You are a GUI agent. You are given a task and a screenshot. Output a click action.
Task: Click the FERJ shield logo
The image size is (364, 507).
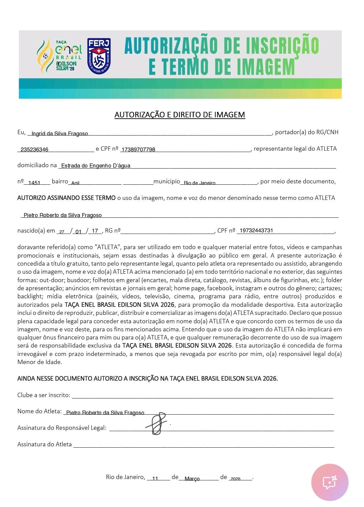tap(99, 56)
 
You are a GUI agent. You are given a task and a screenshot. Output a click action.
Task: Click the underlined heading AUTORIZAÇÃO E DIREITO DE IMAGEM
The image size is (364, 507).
tap(180, 115)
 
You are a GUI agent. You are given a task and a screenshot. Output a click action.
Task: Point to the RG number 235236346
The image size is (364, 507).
tap(34, 150)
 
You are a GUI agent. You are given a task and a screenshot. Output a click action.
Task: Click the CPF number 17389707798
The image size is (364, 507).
tap(138, 150)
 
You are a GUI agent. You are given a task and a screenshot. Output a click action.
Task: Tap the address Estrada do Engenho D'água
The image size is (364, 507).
tap(96, 166)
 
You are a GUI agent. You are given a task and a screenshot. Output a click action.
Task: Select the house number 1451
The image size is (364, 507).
tap(34, 183)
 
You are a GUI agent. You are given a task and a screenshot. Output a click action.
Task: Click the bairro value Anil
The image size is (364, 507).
tap(75, 183)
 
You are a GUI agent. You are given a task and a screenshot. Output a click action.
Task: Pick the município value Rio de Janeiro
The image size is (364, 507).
tap(200, 183)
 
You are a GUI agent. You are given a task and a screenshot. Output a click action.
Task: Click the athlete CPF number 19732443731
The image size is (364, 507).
tap(256, 231)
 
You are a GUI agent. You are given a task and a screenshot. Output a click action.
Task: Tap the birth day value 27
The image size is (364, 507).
tap(62, 232)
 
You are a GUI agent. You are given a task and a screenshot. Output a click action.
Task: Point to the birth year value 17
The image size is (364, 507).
tap(95, 231)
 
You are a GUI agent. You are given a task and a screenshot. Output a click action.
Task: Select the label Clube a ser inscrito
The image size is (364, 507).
tap(44, 395)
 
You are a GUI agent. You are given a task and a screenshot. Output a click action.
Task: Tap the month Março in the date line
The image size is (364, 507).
tap(192, 479)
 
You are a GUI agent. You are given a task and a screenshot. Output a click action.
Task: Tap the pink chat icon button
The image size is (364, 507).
tap(330, 482)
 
